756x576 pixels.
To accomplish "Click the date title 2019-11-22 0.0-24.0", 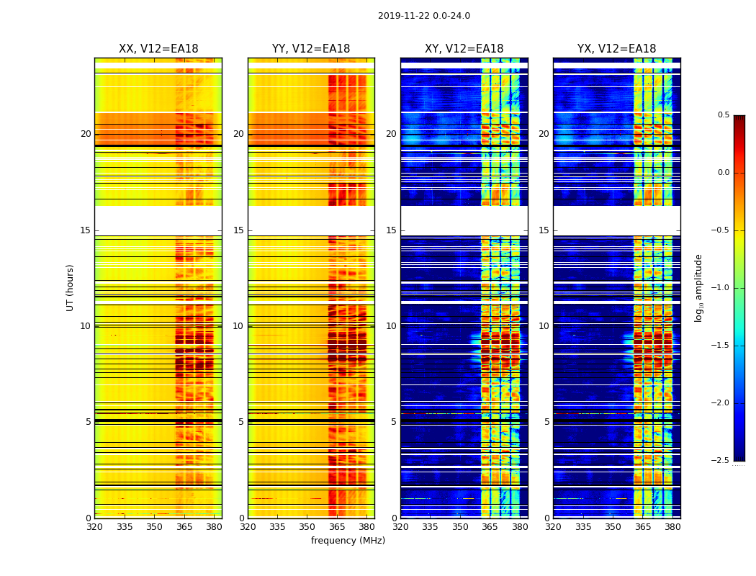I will tap(423, 16).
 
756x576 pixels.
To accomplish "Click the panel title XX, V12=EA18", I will tap(158, 49).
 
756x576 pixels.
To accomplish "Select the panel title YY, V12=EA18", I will tap(311, 49).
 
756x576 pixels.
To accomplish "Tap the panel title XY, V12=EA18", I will tap(464, 49).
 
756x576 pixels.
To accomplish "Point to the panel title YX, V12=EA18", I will tap(616, 49).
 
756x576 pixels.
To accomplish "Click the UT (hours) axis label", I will tap(71, 287).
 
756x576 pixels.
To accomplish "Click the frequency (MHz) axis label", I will tap(348, 541).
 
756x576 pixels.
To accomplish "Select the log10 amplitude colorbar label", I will tap(698, 287).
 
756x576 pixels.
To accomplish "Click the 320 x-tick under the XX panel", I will tap(94, 526).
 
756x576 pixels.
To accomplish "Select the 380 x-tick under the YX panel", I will tap(672, 526).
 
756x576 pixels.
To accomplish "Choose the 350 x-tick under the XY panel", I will tap(460, 526).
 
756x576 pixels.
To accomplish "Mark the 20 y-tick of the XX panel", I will tap(86, 134).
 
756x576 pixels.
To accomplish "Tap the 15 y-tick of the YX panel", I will tap(544, 230).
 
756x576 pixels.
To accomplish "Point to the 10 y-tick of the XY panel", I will tap(391, 326).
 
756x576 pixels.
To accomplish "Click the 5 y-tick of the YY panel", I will tap(240, 422).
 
